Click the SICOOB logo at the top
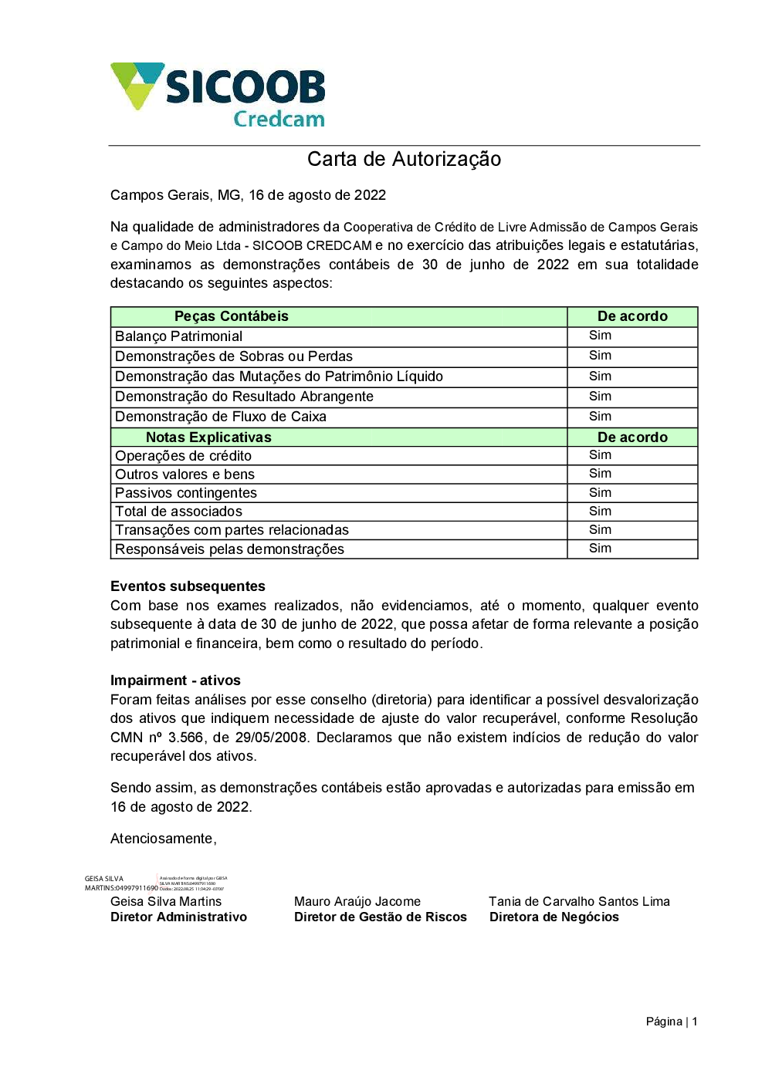[218, 86]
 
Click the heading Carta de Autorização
[404, 159]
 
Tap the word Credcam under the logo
[279, 120]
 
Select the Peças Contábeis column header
[231, 316]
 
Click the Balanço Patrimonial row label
[178, 336]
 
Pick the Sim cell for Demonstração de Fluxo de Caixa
[600, 417]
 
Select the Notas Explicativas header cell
[208, 437]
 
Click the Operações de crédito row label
[183, 456]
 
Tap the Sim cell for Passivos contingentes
[600, 492]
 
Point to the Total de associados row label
[178, 512]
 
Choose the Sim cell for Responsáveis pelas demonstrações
[600, 549]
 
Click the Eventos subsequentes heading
[188, 586]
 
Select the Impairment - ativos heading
[175, 681]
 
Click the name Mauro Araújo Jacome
[357, 901]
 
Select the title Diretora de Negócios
[554, 917]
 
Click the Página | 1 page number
[671, 1022]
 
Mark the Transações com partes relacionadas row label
[232, 530]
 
